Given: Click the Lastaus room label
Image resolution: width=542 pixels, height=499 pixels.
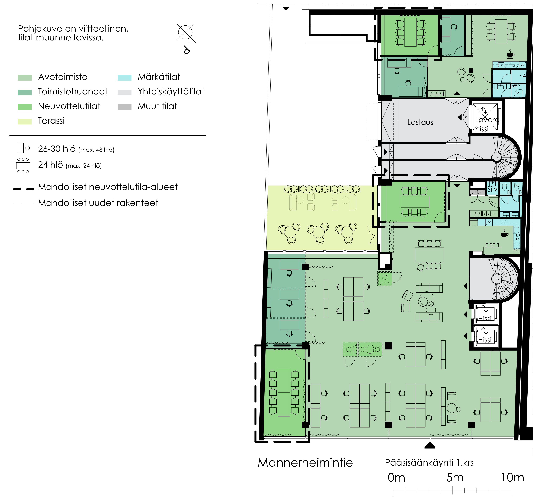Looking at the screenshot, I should [420, 122].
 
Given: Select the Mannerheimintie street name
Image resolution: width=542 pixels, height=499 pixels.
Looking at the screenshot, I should [305, 463].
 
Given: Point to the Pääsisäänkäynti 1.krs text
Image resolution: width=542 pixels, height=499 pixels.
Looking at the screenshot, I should [429, 463].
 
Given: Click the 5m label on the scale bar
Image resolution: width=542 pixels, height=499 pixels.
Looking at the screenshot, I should [455, 477].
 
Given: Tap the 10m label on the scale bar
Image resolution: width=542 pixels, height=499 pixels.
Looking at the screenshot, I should [512, 477].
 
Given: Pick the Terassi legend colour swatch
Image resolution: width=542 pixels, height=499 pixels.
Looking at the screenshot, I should [25, 121].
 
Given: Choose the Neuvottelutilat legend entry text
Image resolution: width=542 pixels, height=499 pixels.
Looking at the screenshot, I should [69, 106].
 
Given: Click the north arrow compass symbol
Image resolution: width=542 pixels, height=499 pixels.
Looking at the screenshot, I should [186, 33].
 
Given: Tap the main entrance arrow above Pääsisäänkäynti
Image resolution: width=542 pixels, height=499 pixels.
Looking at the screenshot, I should [430, 446].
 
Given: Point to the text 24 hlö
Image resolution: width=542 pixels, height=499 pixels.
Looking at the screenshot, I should [50, 165].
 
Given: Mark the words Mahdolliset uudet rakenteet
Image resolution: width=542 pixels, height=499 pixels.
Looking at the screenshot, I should [98, 203].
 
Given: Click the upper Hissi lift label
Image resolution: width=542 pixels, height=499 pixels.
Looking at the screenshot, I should [485, 319].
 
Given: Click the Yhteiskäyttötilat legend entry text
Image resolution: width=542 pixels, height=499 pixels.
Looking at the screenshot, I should [171, 91].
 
